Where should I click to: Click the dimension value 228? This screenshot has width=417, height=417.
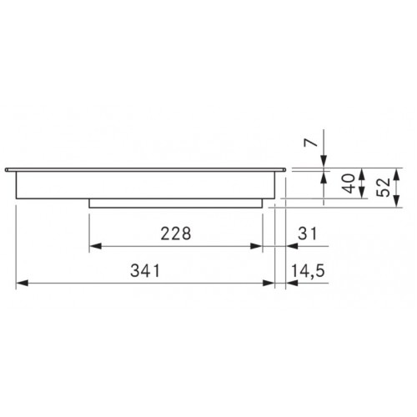click(x=176, y=234)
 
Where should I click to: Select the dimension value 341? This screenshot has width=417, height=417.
click(x=145, y=270)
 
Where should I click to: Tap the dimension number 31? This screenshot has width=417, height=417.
click(x=308, y=234)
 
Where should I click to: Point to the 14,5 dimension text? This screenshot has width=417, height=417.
click(x=308, y=271)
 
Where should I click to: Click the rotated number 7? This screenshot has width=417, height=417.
click(x=311, y=143)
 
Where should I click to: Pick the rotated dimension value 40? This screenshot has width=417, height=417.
click(x=349, y=183)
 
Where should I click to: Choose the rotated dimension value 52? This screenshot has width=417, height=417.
click(x=384, y=188)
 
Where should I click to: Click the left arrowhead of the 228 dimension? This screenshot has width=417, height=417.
click(x=95, y=246)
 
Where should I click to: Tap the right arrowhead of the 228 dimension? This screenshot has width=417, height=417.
click(x=256, y=246)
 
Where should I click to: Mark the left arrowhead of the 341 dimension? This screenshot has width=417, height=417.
click(x=23, y=284)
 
